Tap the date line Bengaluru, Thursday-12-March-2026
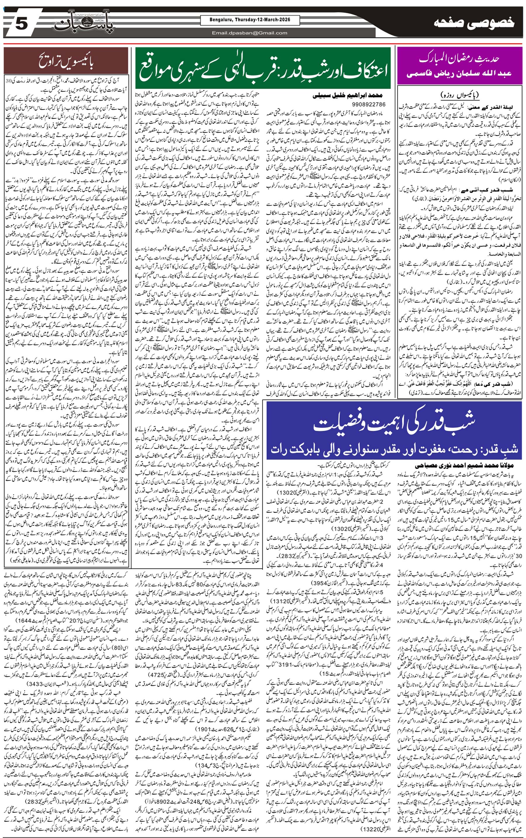[250, 20]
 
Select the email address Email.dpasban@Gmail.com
[250, 33]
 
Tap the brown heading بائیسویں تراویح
[66, 61]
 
